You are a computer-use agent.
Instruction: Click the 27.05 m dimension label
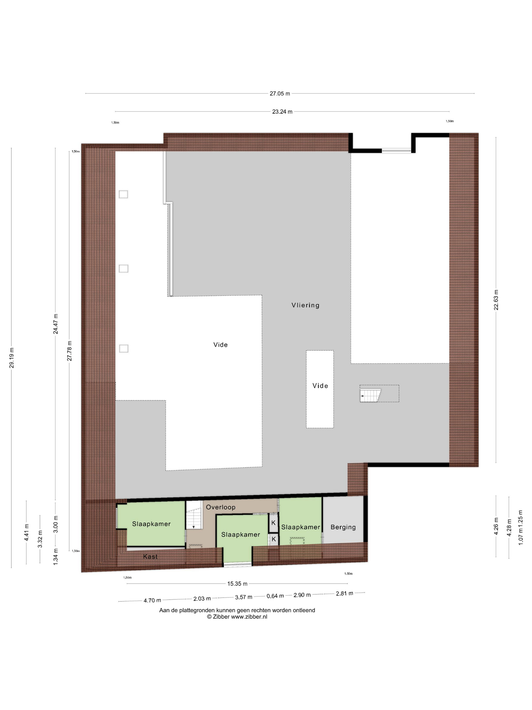(280, 94)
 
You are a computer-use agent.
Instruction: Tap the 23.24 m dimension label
(282, 112)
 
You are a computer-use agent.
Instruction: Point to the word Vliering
(305, 305)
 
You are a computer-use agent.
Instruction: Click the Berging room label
(343, 527)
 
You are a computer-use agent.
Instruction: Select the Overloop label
(221, 507)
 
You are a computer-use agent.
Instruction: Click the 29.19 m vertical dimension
(12, 358)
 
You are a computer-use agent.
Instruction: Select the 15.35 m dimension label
(237, 583)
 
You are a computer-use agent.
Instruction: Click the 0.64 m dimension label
(275, 596)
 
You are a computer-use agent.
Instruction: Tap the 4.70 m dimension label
(152, 600)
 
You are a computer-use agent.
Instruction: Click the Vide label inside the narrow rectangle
(320, 386)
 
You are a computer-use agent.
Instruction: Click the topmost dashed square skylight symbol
(123, 194)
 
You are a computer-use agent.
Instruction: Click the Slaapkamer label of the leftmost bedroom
(151, 524)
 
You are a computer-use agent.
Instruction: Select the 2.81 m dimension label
(344, 594)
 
